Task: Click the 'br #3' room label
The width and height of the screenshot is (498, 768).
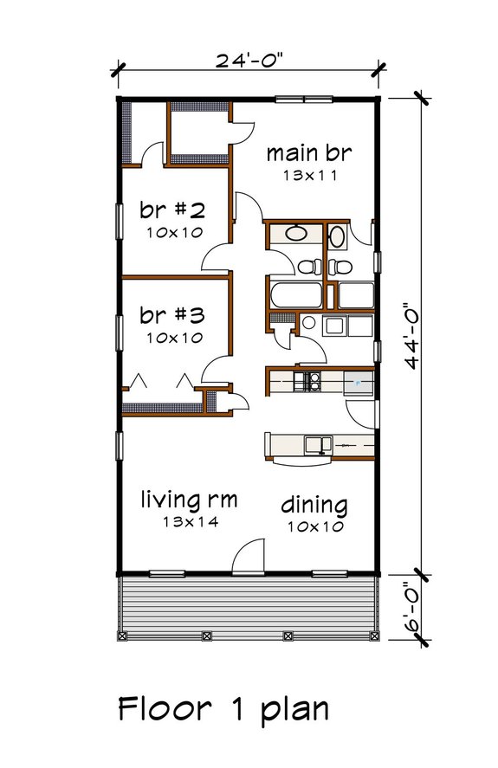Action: pos(171,315)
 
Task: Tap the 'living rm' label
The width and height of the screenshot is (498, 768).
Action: pos(189,500)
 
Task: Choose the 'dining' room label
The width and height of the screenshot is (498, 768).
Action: pos(314,505)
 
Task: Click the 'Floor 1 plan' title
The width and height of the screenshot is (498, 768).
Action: pos(223,708)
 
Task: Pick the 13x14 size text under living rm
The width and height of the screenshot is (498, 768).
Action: pos(189,521)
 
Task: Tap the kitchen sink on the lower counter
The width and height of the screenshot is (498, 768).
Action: pos(317,445)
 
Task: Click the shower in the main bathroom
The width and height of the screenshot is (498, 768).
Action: pos(355,295)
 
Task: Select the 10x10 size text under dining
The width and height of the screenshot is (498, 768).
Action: pos(314,526)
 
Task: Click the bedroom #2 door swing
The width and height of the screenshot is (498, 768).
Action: pos(217,256)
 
